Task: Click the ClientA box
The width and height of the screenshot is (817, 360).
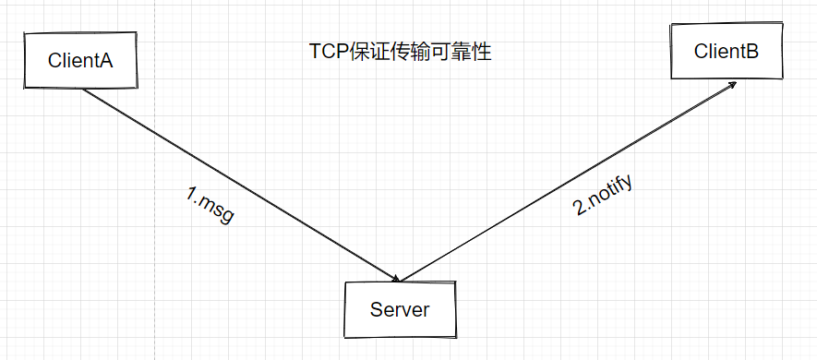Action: [80, 61]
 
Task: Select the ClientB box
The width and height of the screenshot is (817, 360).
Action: [727, 52]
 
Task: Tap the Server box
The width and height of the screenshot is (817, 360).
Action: [400, 309]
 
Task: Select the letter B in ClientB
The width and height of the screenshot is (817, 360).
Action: [752, 52]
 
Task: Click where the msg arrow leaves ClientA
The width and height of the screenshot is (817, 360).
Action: [85, 90]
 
